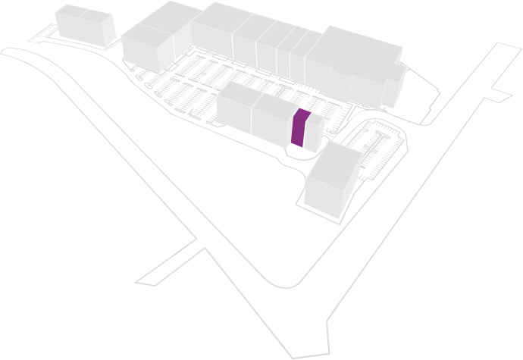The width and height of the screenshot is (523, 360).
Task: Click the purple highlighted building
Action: point(299,129)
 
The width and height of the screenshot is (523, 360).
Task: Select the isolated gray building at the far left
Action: point(86,24)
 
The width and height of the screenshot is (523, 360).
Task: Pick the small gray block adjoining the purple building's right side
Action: point(314,133)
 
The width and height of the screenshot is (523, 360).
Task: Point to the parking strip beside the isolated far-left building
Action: point(42,34)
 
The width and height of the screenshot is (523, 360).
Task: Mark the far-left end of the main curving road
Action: point(8,52)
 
